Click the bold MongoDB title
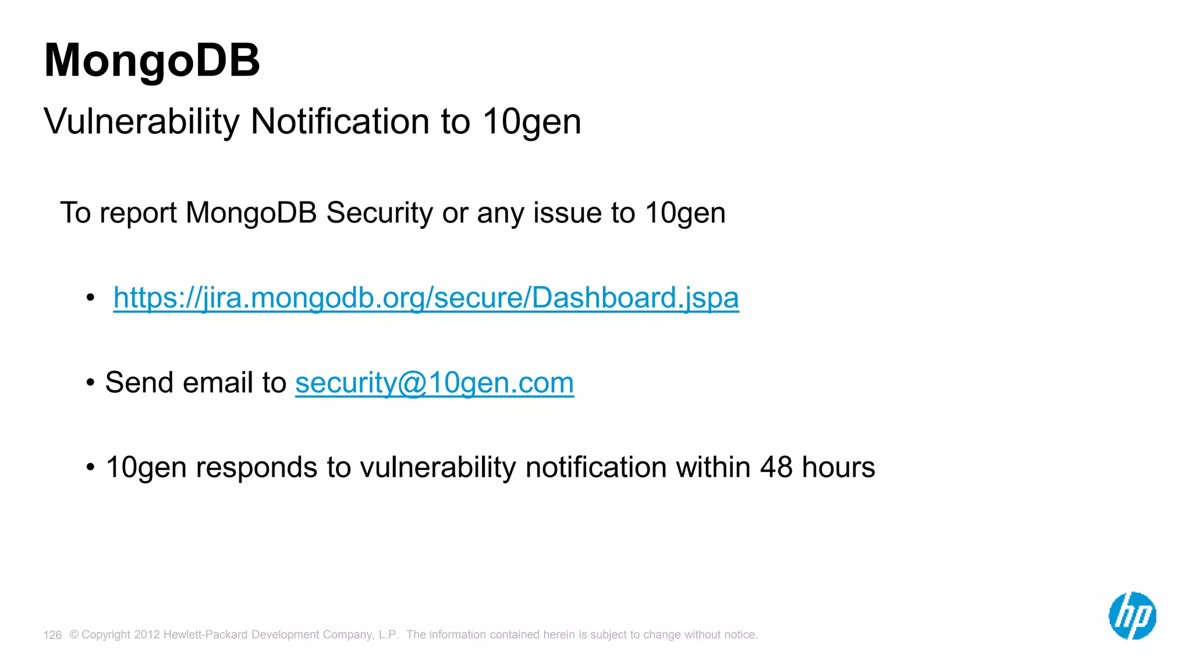coord(152,61)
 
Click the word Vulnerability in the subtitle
coord(141,122)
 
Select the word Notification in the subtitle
coord(340,122)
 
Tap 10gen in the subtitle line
coord(531,122)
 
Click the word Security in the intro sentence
coord(379,213)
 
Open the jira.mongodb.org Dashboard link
coord(426,298)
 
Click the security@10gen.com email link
coord(434,383)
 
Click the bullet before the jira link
coord(90,298)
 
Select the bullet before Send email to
coord(90,383)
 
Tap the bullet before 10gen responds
coord(90,468)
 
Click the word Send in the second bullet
coord(139,383)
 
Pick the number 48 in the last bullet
coord(776,467)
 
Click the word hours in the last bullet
coord(838,467)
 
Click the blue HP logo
coord(1132,616)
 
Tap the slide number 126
coord(52,635)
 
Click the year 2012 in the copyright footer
coord(147,634)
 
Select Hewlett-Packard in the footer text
coord(205,634)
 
